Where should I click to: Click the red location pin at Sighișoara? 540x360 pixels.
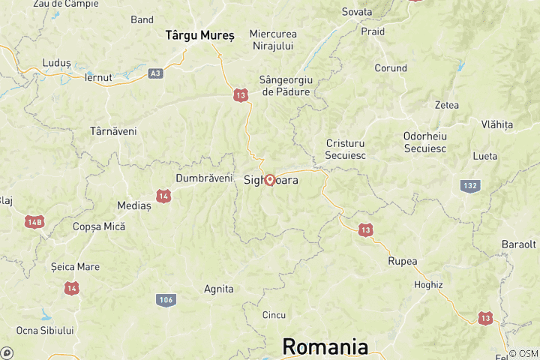pyautogui.click(x=269, y=180)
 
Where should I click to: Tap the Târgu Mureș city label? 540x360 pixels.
pyautogui.click(x=199, y=34)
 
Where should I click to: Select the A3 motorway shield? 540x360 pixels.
pyautogui.click(x=155, y=73)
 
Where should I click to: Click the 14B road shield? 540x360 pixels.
pyautogui.click(x=34, y=222)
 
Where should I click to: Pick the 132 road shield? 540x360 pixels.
pyautogui.click(x=470, y=186)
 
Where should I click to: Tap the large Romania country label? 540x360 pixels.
pyautogui.click(x=325, y=347)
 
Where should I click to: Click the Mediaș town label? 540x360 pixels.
pyautogui.click(x=134, y=205)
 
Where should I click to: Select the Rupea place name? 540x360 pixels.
pyautogui.click(x=403, y=261)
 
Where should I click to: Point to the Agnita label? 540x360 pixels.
pyautogui.click(x=219, y=289)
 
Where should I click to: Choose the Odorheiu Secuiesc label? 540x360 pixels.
pyautogui.click(x=424, y=142)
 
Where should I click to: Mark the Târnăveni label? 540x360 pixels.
pyautogui.click(x=113, y=130)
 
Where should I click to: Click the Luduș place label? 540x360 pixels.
pyautogui.click(x=57, y=63)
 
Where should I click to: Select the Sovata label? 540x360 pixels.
pyautogui.click(x=357, y=12)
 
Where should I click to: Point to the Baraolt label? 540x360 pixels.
pyautogui.click(x=519, y=244)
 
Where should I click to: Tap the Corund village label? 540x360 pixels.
pyautogui.click(x=391, y=68)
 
